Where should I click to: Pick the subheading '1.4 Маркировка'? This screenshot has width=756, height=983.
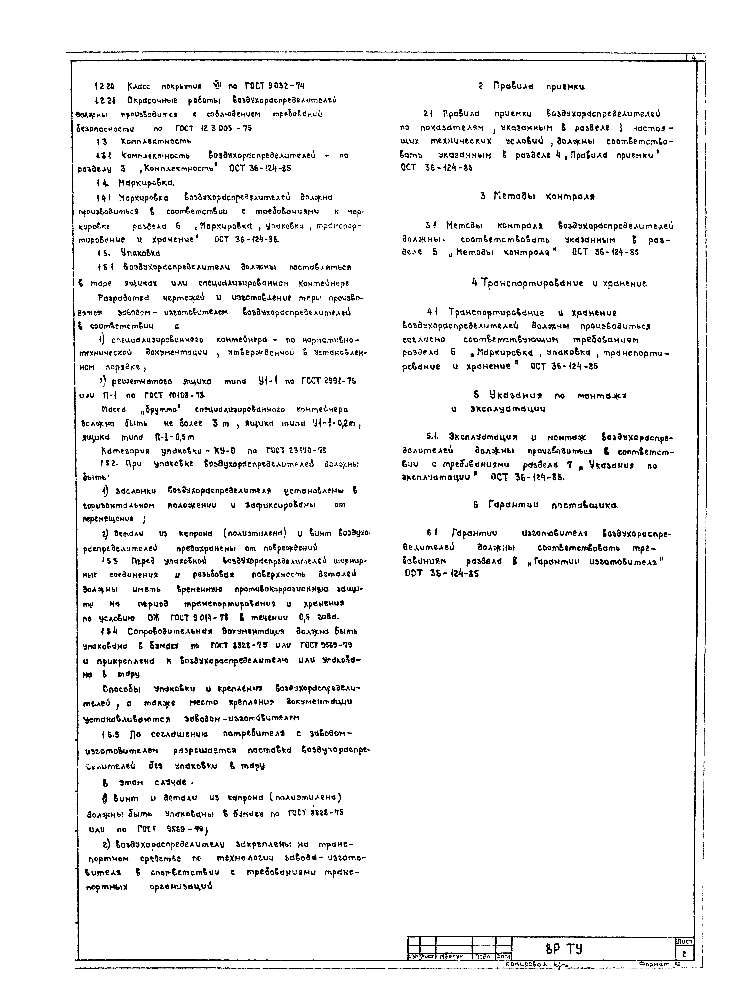[135, 183]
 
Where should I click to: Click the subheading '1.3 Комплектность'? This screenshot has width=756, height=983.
[144, 141]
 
